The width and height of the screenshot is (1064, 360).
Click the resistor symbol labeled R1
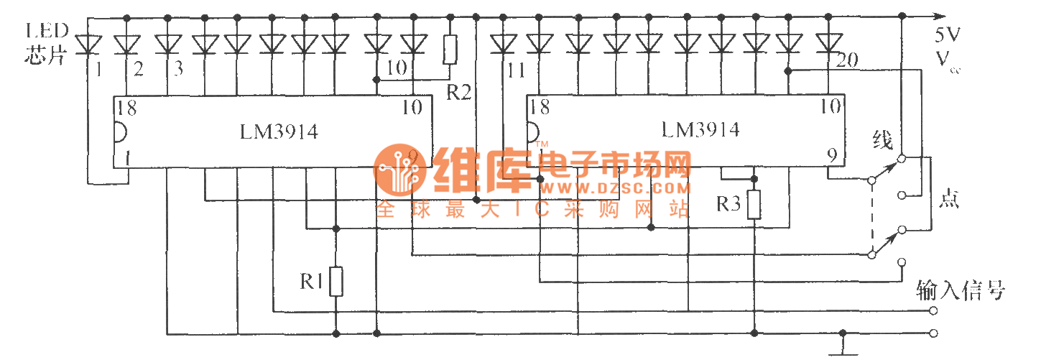tap(336, 282)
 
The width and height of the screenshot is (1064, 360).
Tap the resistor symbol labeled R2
tap(450, 50)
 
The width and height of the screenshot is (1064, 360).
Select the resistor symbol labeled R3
tap(754, 205)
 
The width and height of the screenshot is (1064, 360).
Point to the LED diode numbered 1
tap(89, 45)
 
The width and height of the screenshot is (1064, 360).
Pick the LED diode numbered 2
tap(127, 45)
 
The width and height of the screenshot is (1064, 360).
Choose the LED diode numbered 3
tap(167, 45)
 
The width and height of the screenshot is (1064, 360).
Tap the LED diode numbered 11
tap(503, 45)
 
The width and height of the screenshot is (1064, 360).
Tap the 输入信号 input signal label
tap(961, 290)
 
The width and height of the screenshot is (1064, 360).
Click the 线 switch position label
tap(882, 140)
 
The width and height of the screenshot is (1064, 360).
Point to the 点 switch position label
tap(948, 200)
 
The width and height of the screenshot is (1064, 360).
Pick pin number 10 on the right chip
tap(831, 107)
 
